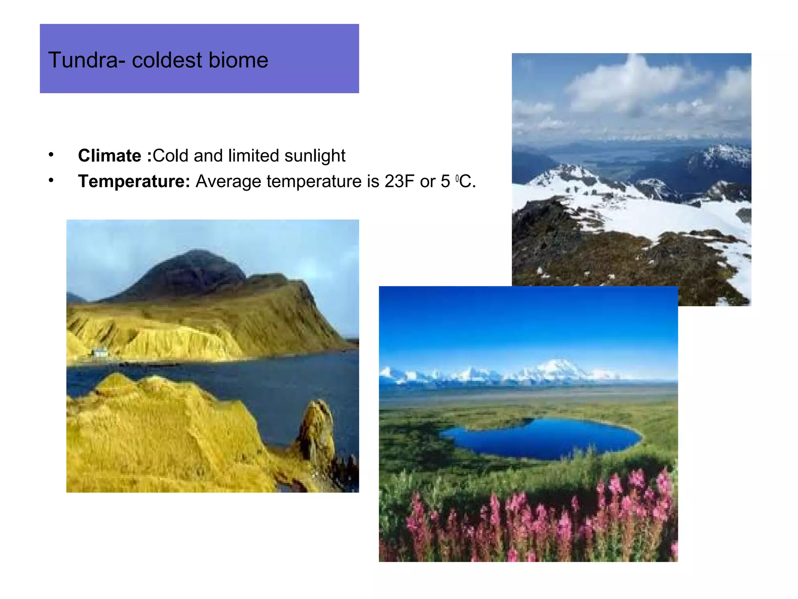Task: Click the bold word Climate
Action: pyautogui.click(x=109, y=156)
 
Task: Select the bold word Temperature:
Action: pyautogui.click(x=134, y=181)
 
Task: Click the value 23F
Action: pyautogui.click(x=400, y=181)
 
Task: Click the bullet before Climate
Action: pyautogui.click(x=51, y=155)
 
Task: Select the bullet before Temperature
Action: pyautogui.click(x=51, y=181)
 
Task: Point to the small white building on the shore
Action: pyautogui.click(x=101, y=353)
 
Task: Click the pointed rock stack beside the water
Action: pyautogui.click(x=318, y=425)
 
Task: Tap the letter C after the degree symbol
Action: pyautogui.click(x=465, y=181)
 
